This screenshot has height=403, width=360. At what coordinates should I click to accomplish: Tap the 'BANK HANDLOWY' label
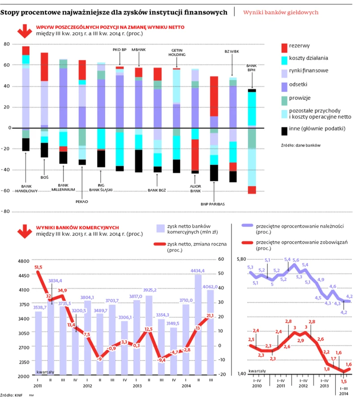26,188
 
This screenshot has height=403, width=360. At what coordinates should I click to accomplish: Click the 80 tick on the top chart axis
6,44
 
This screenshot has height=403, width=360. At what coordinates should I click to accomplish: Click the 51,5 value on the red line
38,267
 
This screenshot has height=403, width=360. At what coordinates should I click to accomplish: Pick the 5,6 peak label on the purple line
296,260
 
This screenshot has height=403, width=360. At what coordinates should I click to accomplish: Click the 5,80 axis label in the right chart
241,259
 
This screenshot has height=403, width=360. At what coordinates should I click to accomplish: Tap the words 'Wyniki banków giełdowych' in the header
281,12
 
